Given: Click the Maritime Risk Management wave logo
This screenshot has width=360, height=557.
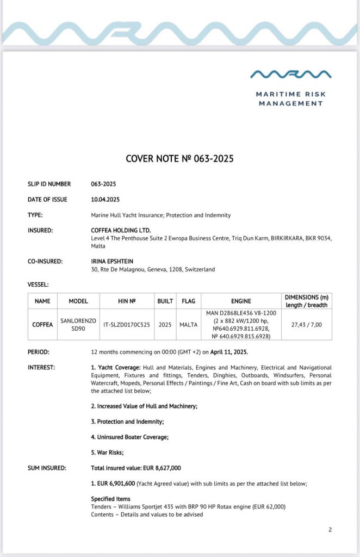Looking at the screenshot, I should (x=290, y=73).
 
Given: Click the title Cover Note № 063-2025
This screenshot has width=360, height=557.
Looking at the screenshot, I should (x=179, y=159).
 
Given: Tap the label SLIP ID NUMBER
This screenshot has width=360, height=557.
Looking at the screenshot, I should (x=49, y=184).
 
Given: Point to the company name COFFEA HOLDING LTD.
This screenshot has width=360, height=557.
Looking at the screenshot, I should (x=121, y=231).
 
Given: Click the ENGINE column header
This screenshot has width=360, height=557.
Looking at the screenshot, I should (x=241, y=301).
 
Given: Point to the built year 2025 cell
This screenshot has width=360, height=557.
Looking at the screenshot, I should (x=165, y=325).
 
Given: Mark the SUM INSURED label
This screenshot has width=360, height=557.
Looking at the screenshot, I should (x=47, y=468).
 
